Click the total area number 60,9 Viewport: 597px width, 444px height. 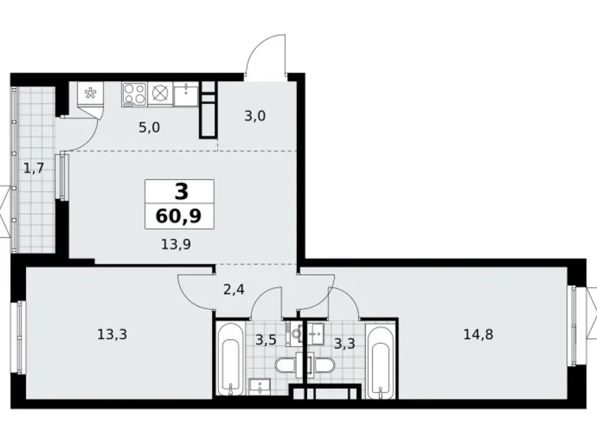pos(180,216)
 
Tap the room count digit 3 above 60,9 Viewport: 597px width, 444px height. pos(180,191)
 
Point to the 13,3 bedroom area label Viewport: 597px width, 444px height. pos(113,333)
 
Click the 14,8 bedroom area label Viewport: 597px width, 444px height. pos(478,333)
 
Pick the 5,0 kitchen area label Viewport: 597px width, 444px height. pos(148,127)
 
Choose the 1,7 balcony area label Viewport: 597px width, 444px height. pos(33,168)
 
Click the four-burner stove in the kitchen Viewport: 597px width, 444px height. pos(135,94)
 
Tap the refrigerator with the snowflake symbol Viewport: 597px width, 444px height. pos(90,96)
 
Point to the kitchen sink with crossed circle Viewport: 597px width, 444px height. pos(160,94)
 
